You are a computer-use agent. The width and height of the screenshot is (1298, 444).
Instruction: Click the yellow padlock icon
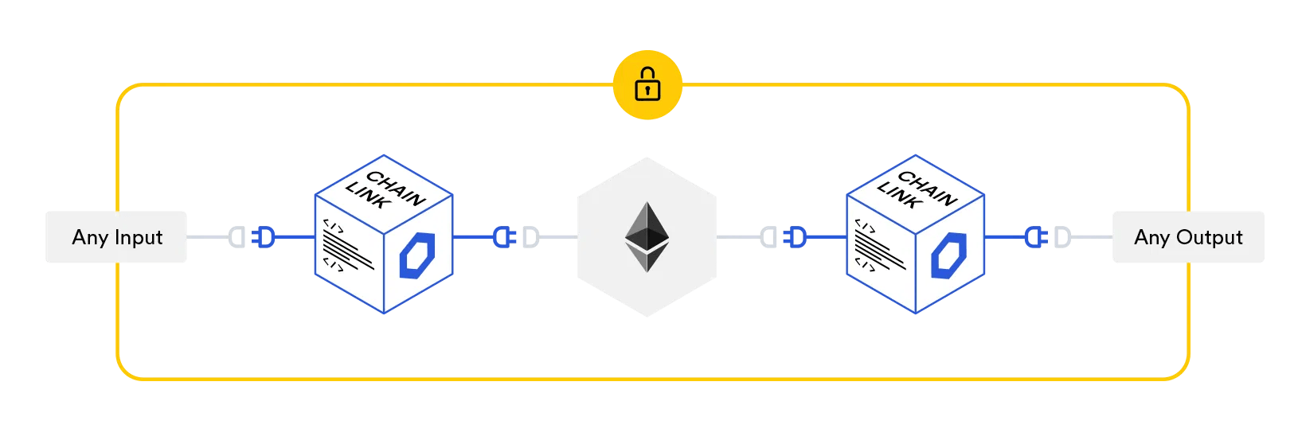pyautogui.click(x=647, y=84)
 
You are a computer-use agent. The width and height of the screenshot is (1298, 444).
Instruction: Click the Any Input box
pyautogui.click(x=116, y=237)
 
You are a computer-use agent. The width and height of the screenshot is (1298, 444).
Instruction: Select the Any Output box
pyautogui.click(x=1187, y=237)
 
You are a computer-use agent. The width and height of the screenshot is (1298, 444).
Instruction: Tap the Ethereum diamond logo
pyautogui.click(x=647, y=236)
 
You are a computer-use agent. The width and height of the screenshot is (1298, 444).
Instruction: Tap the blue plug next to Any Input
pyautogui.click(x=264, y=237)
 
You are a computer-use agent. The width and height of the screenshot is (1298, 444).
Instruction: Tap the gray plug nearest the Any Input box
pyautogui.click(x=237, y=237)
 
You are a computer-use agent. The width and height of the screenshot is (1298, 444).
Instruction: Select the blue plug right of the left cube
pyautogui.click(x=502, y=237)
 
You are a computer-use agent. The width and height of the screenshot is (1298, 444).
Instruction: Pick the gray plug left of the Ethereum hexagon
pyautogui.click(x=530, y=237)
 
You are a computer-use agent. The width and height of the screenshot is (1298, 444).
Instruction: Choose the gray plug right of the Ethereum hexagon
pyautogui.click(x=768, y=237)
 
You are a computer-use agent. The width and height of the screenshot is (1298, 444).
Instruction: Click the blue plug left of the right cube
pyautogui.click(x=796, y=237)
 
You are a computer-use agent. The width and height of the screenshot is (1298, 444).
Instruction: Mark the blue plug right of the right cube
pyautogui.click(x=1034, y=237)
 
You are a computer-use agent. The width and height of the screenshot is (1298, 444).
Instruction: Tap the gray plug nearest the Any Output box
pyautogui.click(x=1062, y=237)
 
